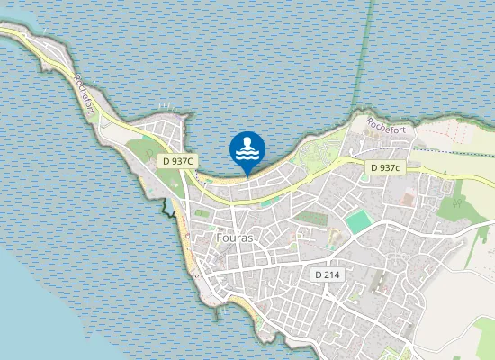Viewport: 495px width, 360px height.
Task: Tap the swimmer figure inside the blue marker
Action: [x=247, y=147]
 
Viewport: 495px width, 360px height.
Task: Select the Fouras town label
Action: [x=235, y=238]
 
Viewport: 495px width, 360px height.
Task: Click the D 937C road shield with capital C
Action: [x=178, y=161]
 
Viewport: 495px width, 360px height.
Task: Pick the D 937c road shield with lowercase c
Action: [x=385, y=168]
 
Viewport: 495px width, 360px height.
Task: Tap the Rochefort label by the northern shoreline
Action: [x=386, y=127]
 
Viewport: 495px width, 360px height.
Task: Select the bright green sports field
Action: [x=358, y=220]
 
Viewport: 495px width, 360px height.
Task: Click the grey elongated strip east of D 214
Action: [x=376, y=283]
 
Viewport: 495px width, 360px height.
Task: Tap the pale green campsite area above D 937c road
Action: [x=315, y=153]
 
